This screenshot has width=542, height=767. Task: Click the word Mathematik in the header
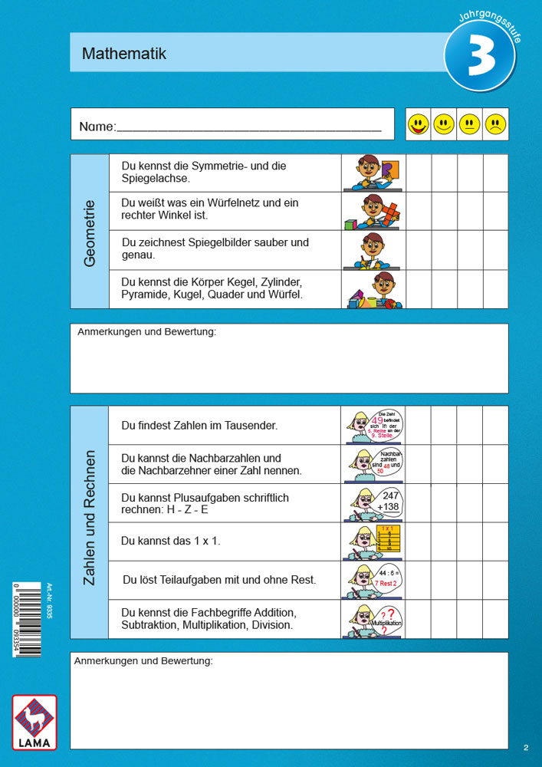(124, 54)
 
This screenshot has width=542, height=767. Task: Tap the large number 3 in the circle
(481, 60)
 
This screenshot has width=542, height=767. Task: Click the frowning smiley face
(496, 124)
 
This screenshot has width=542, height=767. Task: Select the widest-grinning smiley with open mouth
(418, 124)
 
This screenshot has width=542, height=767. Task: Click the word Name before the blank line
(97, 127)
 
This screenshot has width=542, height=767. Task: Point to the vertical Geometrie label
(90, 233)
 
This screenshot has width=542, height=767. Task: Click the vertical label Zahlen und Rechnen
(89, 518)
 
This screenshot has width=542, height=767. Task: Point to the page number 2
(526, 747)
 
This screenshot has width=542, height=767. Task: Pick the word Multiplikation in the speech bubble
(388, 624)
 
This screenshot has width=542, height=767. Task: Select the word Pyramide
(144, 294)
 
